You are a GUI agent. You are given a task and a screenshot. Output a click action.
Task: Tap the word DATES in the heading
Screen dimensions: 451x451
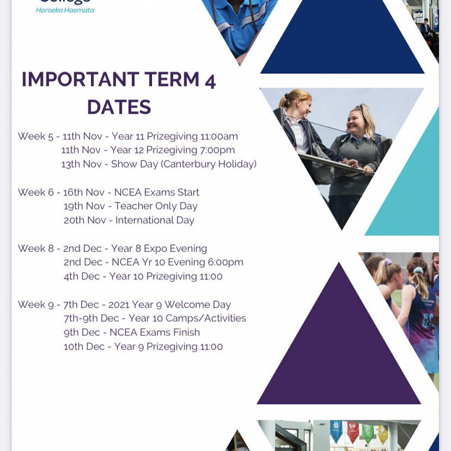pyautogui.click(x=119, y=107)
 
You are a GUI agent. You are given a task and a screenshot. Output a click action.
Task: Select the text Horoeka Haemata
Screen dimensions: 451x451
pyautogui.click(x=65, y=10)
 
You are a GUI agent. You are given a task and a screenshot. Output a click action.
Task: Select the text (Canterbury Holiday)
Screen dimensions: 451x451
pyautogui.click(x=209, y=164)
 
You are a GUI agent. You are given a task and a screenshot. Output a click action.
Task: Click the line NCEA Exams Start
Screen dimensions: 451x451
pyautogui.click(x=156, y=192)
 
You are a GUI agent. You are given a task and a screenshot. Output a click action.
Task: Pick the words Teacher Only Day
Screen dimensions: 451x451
pyautogui.click(x=156, y=206)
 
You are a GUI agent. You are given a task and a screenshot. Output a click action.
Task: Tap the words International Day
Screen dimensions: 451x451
pyautogui.click(x=155, y=220)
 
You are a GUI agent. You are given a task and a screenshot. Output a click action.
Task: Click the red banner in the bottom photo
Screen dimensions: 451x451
pyautogui.click(x=353, y=431)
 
